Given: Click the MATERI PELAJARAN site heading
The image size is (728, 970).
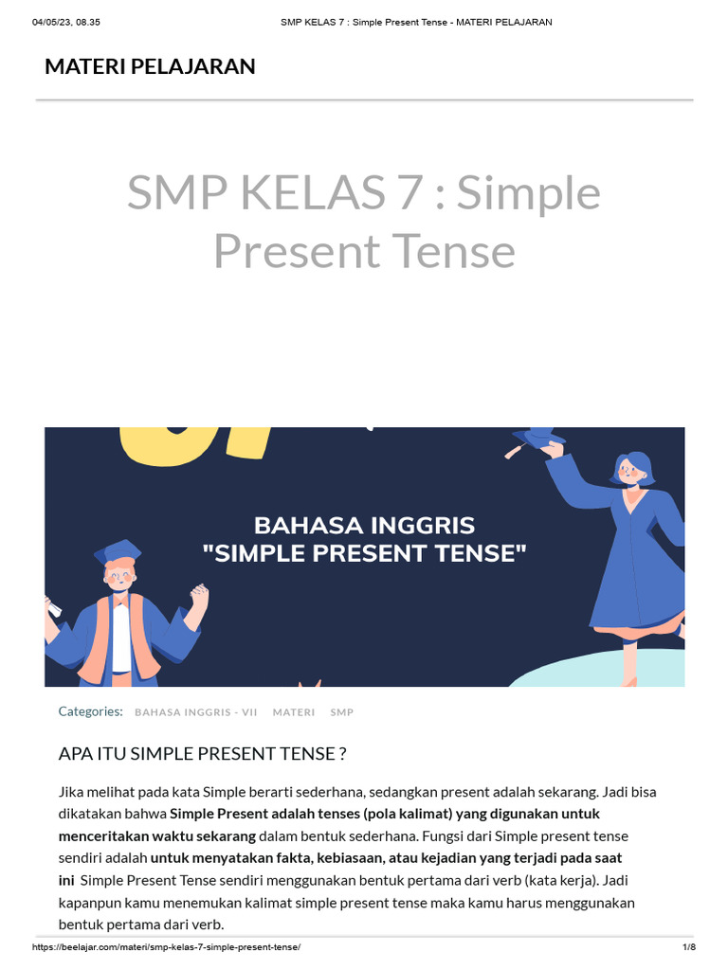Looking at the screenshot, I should point(150,66).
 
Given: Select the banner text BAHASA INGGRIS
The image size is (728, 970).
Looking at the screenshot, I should point(364,525).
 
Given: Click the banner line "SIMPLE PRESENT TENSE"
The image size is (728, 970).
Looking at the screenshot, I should point(364,552).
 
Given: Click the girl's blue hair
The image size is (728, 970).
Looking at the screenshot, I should point(634,464).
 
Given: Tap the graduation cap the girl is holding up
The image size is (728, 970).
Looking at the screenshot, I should point(538,437).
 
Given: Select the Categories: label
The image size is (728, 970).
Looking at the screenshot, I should point(90,711).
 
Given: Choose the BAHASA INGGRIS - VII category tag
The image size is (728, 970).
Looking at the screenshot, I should point(196,712).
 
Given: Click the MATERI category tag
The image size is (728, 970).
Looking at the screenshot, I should point(294,712).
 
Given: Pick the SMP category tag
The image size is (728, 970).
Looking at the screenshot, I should point(342,712).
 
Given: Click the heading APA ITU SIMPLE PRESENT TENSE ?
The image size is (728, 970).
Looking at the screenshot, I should point(202,754).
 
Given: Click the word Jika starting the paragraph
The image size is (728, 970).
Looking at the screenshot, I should point(72,792).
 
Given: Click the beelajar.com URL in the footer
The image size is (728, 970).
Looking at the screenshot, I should point(166,947).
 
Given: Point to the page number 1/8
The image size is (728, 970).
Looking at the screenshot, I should point(688,947).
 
